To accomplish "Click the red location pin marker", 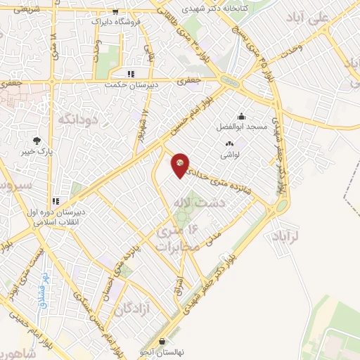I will [181, 165].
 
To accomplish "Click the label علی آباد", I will [309, 17].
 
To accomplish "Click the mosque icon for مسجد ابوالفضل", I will [242, 116].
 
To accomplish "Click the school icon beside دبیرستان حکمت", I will [130, 74].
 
